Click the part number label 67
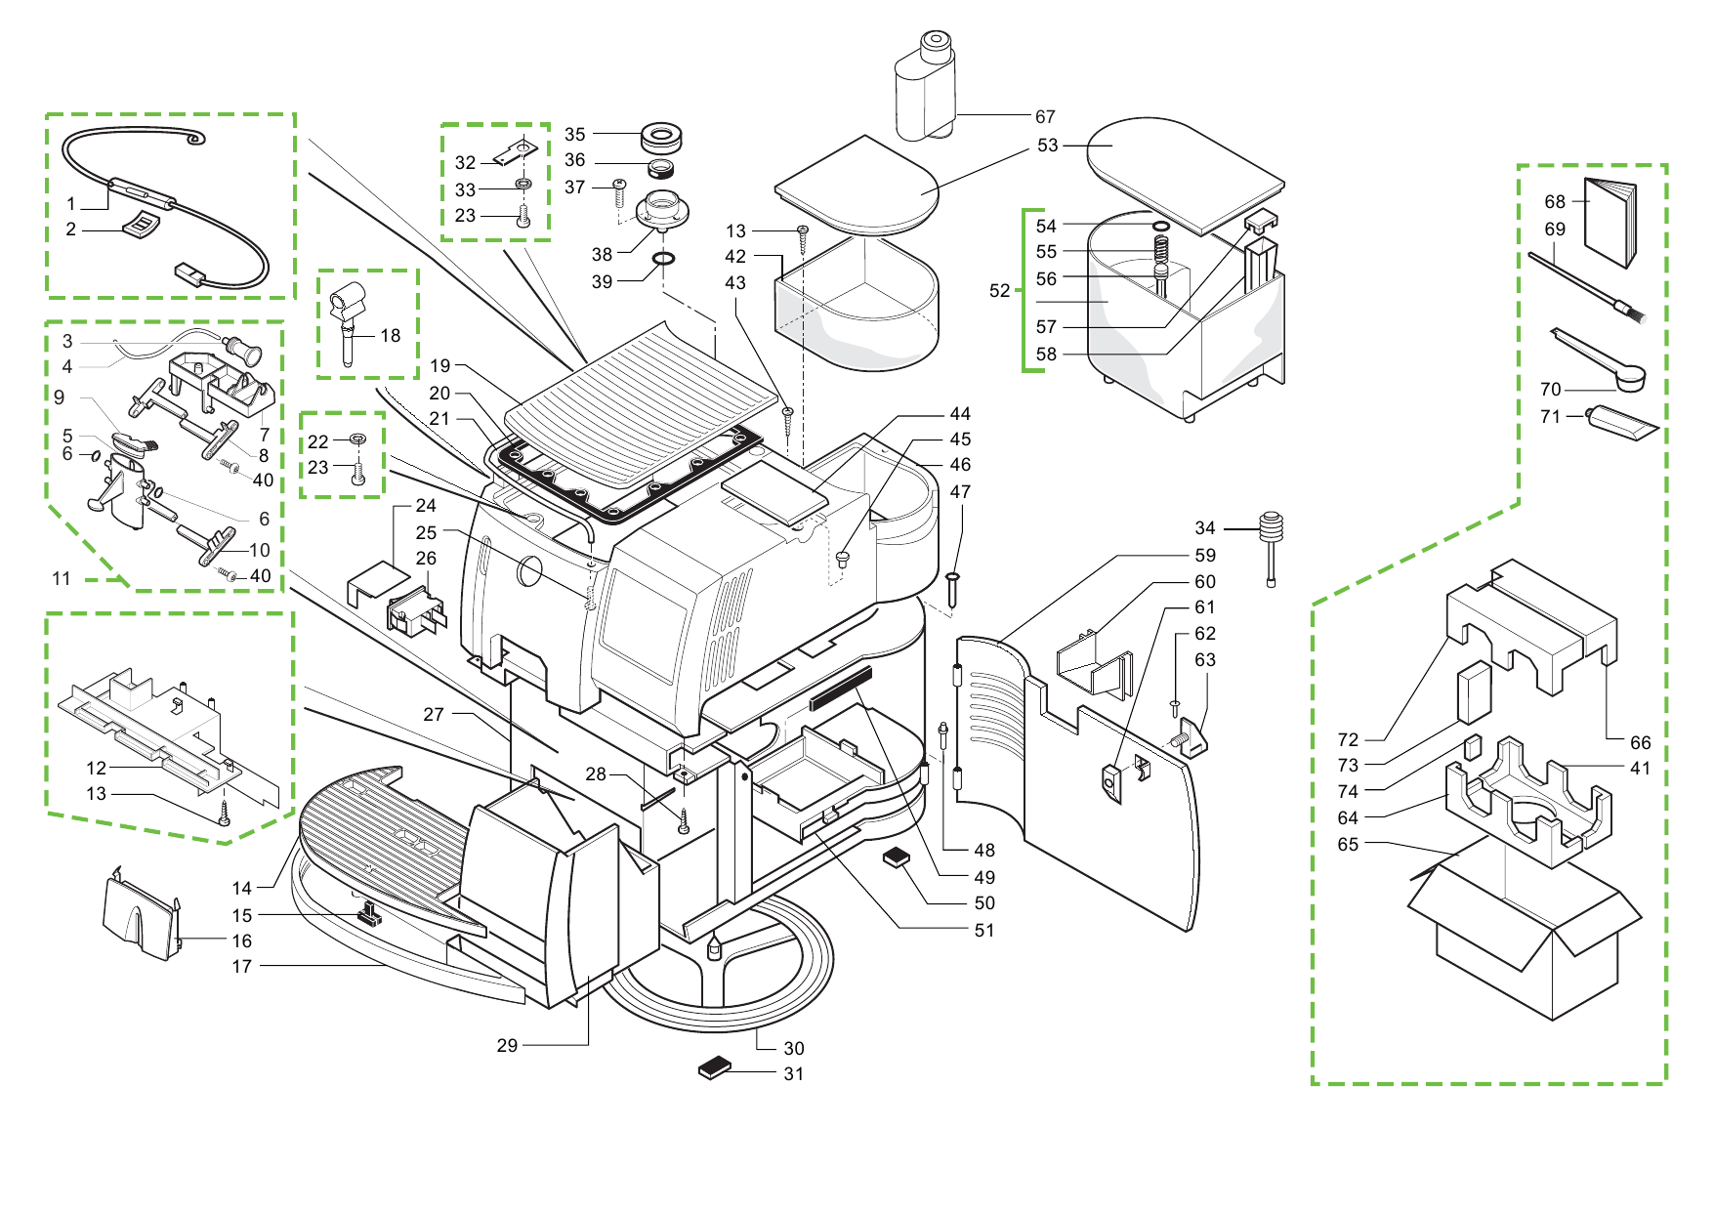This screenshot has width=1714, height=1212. tap(1045, 117)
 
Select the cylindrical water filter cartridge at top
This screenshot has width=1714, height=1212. tap(925, 88)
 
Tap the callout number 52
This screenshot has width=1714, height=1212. tap(999, 291)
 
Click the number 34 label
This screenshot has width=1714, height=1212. tap(1205, 528)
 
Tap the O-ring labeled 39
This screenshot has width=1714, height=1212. tap(663, 259)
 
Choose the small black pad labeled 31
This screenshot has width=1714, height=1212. tap(715, 1067)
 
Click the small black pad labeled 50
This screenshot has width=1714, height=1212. tap(897, 857)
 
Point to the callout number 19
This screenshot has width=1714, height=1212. tap(440, 366)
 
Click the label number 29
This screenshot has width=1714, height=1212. tap(507, 1046)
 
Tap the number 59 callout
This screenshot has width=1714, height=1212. tap(1205, 556)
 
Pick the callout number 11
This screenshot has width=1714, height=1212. tap(62, 579)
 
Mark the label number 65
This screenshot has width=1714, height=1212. tap(1348, 845)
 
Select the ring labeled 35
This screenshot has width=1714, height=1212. tap(661, 136)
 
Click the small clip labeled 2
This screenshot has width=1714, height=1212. tap(141, 225)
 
